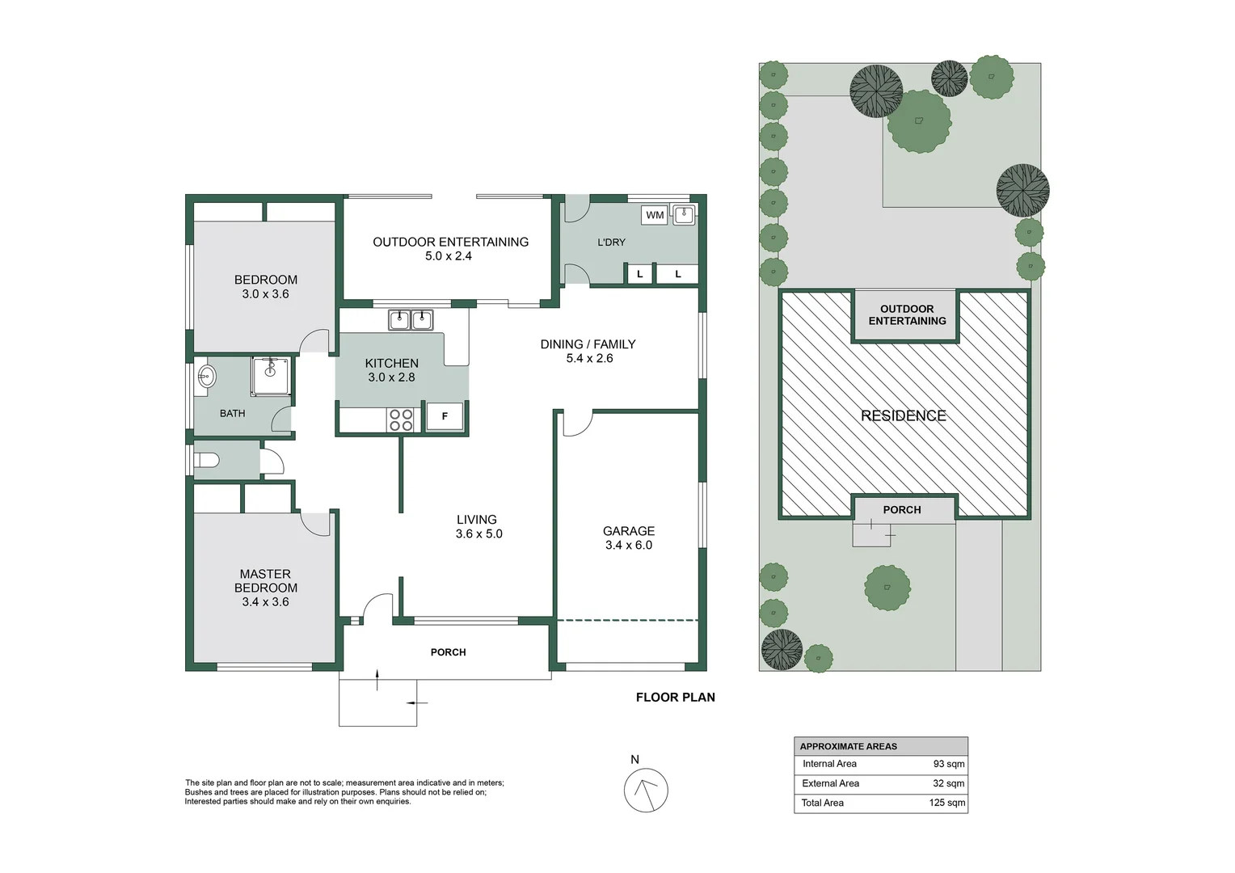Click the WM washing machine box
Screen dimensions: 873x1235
655,215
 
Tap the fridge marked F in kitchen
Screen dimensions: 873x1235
445,416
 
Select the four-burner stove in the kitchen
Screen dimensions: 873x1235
402,420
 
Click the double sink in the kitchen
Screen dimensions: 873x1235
411,320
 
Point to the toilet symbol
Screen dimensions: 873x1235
208,461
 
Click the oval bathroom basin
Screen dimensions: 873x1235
207,376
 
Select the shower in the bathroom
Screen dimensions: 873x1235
270,376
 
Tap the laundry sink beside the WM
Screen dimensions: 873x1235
684,214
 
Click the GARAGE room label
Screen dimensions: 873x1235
629,531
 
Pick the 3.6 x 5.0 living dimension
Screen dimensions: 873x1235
479,534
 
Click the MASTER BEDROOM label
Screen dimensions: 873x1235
266,580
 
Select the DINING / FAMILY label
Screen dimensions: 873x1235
588,344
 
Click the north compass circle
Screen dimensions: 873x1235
646,790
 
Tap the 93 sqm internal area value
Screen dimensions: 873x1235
948,764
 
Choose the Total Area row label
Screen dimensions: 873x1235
822,803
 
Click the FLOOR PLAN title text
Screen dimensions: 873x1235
675,698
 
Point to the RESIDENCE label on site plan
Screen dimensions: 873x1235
903,415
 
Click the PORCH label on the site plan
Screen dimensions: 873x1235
902,510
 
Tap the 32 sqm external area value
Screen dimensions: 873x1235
948,783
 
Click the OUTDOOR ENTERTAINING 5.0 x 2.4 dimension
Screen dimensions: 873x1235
449,256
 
